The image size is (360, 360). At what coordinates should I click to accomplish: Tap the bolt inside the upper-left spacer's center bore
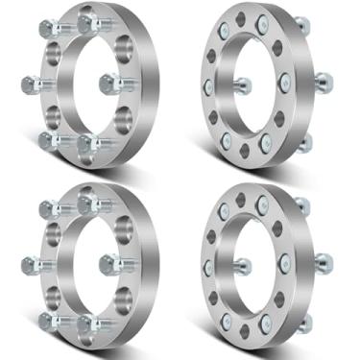[109, 82]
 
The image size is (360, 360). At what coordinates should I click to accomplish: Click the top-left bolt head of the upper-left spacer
[47, 22]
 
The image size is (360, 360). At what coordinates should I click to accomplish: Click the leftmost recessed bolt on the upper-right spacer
[207, 86]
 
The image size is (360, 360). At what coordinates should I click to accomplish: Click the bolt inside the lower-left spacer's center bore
[109, 261]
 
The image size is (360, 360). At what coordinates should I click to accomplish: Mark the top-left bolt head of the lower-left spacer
[47, 203]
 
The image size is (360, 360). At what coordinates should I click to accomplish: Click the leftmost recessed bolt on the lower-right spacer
[207, 266]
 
